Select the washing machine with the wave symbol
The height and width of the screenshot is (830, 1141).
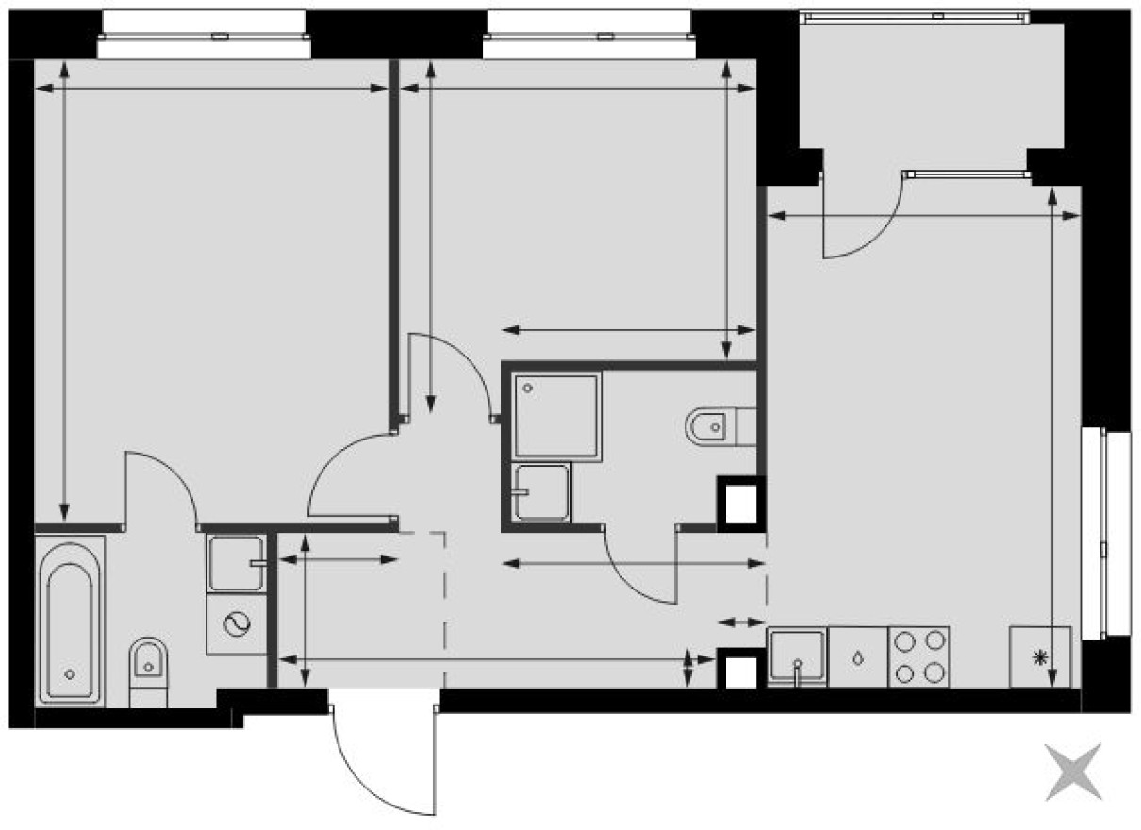point(236,623)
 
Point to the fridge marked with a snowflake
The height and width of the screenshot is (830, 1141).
point(1040,656)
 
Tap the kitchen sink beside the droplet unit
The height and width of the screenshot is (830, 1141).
point(797,656)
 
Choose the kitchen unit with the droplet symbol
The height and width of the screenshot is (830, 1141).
point(857,656)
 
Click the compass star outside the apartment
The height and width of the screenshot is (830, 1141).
point(1073,772)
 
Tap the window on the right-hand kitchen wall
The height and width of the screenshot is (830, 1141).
point(1105,533)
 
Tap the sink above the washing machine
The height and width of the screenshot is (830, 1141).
point(236,563)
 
